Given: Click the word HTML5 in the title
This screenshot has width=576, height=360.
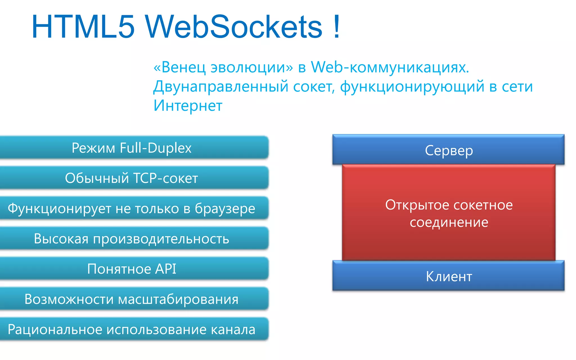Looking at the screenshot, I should coord(83,27).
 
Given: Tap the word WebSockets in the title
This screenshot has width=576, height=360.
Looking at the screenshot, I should coord(233,27).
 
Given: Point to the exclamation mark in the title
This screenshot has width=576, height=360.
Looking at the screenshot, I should coord(336,27).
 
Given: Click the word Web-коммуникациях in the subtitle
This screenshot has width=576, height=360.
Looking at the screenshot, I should coord(390,67).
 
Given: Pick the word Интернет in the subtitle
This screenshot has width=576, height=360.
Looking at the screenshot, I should coord(188,105).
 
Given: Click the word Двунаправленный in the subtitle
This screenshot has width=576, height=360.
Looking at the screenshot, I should coord(221,86).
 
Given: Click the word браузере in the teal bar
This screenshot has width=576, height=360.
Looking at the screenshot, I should coord(225,209).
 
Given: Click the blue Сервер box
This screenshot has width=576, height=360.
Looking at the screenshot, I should coord(449,150).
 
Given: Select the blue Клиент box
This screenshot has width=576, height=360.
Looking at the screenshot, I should coord(449,276).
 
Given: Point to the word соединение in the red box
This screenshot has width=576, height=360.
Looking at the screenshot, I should coord(449,222).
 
